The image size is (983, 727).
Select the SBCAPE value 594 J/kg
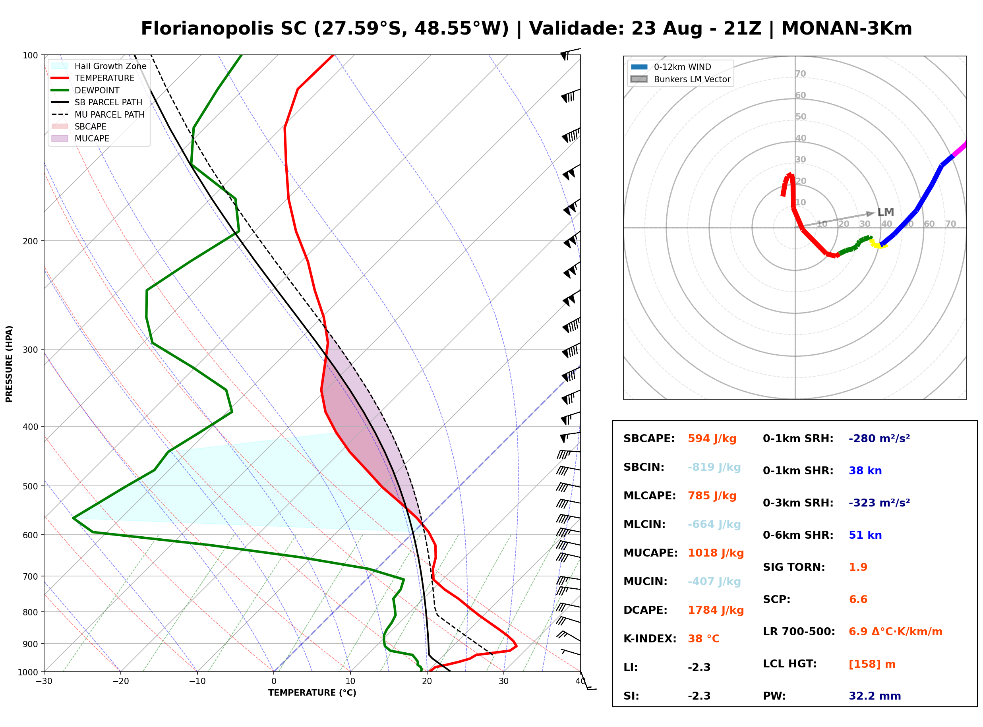(x=712, y=438)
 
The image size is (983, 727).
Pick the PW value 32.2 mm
(x=875, y=696)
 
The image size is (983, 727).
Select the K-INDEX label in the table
(x=650, y=638)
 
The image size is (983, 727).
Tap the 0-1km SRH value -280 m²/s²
(x=879, y=438)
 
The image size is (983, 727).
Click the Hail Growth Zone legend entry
(x=99, y=66)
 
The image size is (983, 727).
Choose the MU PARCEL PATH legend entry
(x=98, y=114)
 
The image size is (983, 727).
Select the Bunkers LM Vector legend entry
(x=680, y=79)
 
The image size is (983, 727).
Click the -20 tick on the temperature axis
(x=120, y=681)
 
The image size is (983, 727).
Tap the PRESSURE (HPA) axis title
(x=9, y=363)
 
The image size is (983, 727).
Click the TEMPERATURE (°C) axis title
(x=312, y=693)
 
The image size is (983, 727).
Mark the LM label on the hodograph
(x=885, y=212)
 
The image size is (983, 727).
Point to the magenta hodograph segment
(x=960, y=149)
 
